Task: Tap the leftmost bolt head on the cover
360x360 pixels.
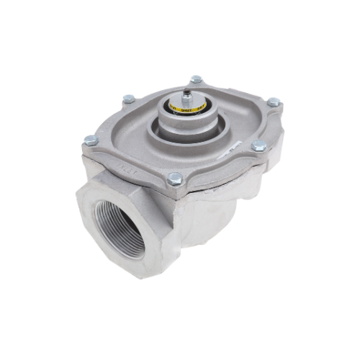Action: coord(89,138)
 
